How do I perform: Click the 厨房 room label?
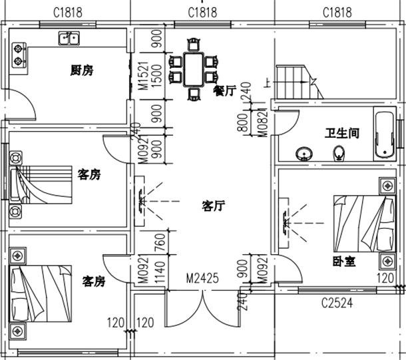click(81, 71)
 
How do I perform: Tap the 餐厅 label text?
click(224, 90)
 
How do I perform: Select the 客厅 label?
click(212, 206)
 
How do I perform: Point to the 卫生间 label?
click(342, 133)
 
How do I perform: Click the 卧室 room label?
click(343, 262)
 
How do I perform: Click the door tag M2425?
click(202, 278)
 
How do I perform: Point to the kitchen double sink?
click(69, 39)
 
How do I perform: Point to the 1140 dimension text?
click(160, 272)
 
